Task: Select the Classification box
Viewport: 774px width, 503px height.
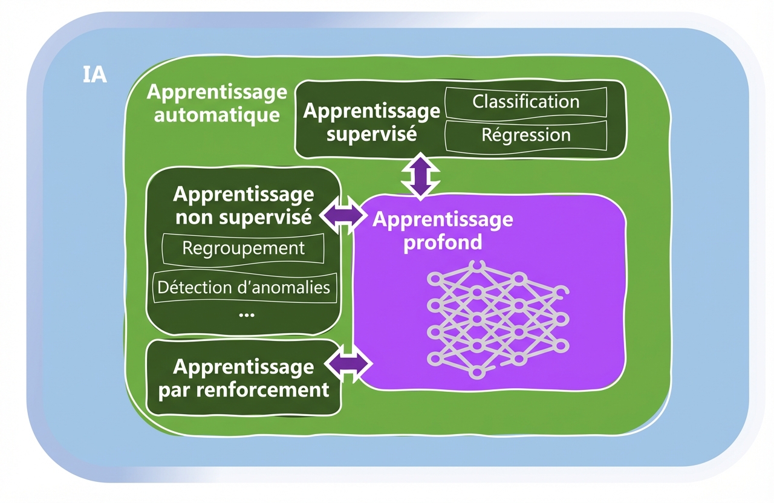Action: coord(525,102)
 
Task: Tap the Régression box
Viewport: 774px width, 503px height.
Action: coord(525,135)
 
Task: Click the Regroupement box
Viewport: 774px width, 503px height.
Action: coord(244,248)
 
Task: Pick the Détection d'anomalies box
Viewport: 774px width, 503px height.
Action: coord(244,287)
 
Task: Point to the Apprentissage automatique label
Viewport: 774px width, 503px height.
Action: coord(216,103)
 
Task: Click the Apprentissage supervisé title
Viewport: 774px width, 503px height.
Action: coord(371,122)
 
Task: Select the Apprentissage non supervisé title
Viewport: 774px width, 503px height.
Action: coord(244,206)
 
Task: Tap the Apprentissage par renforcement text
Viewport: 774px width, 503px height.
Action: coord(244,378)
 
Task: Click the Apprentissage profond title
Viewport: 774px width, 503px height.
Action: coord(443,230)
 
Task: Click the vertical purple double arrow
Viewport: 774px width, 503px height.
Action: coord(420,176)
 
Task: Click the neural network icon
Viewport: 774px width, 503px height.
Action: coord(496,318)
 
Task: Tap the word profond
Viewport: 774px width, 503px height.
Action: coord(443,242)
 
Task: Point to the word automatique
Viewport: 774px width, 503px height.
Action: coord(216,115)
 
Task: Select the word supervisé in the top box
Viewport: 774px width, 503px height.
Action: coord(371,134)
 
